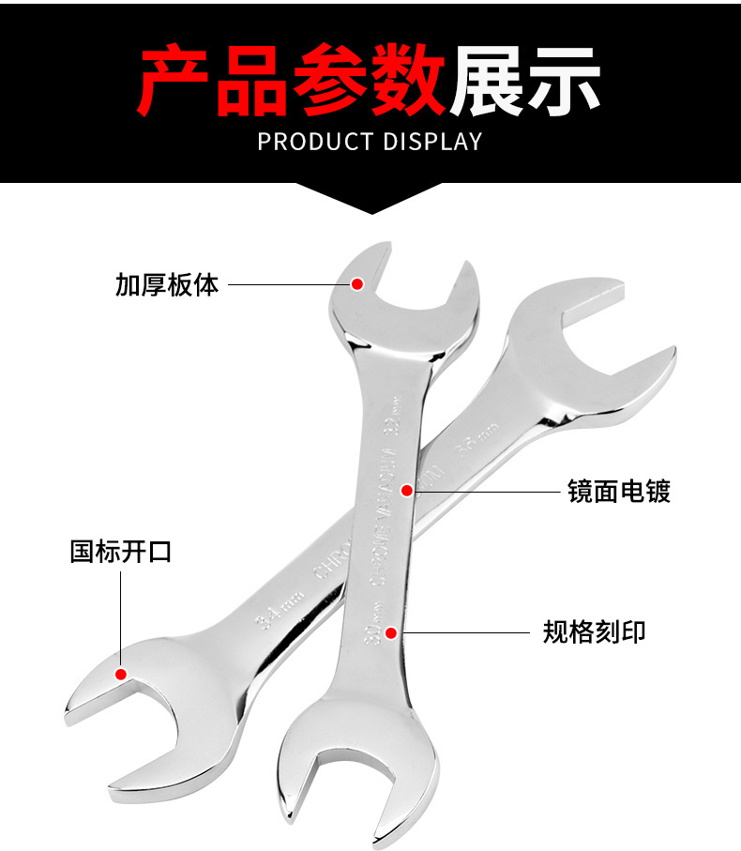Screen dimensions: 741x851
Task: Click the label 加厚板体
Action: (167, 284)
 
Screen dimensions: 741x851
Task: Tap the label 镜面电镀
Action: (618, 490)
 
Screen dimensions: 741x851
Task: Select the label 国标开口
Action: (121, 551)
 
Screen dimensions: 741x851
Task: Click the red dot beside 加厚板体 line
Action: (357, 283)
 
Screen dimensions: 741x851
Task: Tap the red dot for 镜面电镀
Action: (406, 490)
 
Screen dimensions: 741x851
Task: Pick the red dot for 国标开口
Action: (121, 674)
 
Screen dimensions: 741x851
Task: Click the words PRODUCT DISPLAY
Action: (370, 142)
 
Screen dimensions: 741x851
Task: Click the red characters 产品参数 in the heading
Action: (292, 82)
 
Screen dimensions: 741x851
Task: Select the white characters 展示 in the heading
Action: (523, 82)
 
